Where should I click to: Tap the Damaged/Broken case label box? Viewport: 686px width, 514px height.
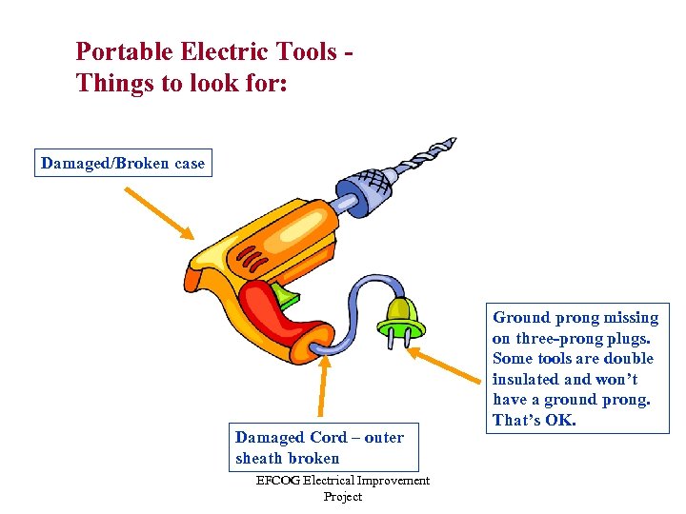[123, 164]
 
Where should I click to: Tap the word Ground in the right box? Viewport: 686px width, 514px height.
[520, 318]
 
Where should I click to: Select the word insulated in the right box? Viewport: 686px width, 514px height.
[532, 379]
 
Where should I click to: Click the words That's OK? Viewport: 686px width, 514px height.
[535, 420]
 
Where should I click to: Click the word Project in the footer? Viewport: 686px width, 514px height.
[342, 497]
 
